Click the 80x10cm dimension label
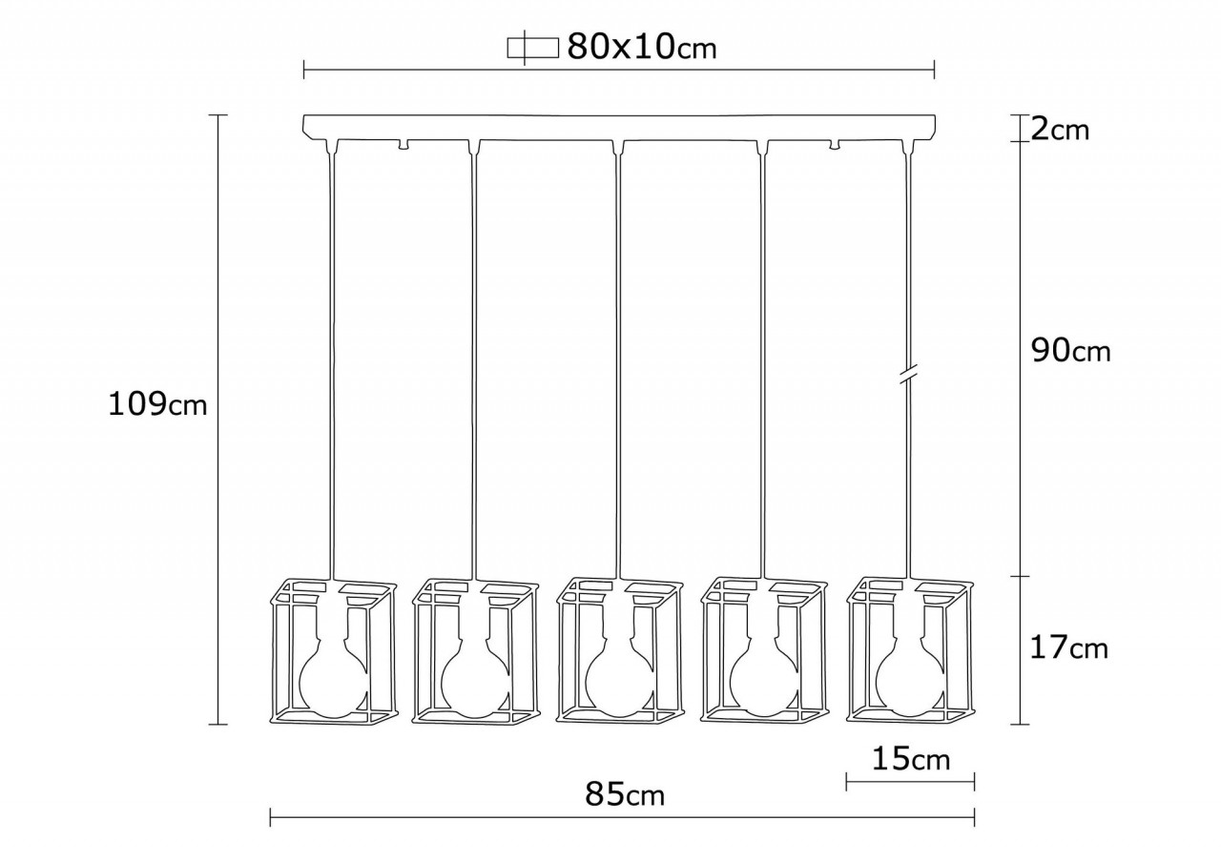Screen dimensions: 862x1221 (641, 47)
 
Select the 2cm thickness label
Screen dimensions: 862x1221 (1060, 129)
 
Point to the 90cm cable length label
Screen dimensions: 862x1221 (1071, 351)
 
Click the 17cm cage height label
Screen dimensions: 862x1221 (1069, 648)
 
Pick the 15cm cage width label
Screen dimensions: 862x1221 (911, 759)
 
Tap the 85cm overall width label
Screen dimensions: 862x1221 (625, 793)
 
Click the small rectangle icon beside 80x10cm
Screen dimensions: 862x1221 (531, 48)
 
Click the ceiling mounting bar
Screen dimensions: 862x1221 (620, 126)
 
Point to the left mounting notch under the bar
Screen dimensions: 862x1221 (404, 145)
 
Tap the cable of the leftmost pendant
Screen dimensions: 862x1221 (332, 362)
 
